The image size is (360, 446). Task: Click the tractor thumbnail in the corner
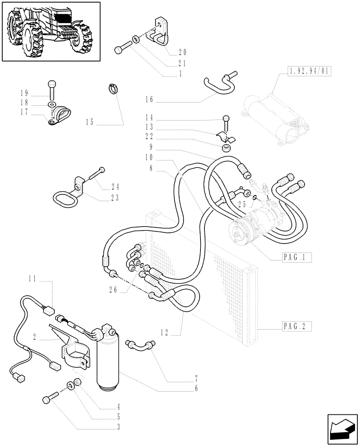coord(51,31)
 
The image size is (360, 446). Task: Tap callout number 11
coord(32,280)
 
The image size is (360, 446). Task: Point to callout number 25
coord(242,204)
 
